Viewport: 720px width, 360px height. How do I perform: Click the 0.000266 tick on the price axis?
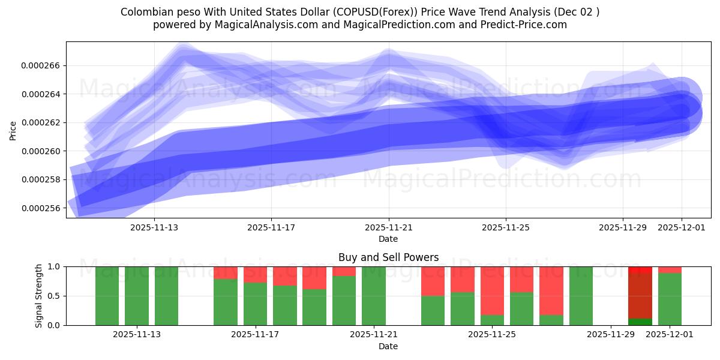tap(41, 65)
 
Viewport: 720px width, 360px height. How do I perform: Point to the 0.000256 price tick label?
tap(41, 208)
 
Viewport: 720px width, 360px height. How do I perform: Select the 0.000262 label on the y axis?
tap(41, 122)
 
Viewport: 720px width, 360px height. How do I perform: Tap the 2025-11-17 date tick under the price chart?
tap(271, 227)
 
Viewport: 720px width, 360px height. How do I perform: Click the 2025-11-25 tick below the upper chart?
tap(506, 227)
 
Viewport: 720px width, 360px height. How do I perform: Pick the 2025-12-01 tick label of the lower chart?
tap(670, 335)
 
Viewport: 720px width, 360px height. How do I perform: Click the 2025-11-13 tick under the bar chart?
tap(137, 335)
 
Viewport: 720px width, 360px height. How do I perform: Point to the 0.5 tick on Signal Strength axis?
tap(54, 296)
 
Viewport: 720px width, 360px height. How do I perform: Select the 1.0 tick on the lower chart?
tap(54, 266)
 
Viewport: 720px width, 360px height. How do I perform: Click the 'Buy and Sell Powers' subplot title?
tap(388, 257)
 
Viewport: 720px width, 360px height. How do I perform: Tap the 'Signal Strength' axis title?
tap(39, 296)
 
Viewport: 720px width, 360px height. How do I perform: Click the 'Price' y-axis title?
tap(13, 130)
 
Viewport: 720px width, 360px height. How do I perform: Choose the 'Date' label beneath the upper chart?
tap(388, 239)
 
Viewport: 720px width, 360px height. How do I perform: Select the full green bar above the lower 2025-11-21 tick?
tap(374, 296)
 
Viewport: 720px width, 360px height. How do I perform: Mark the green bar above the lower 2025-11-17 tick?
tap(255, 304)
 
